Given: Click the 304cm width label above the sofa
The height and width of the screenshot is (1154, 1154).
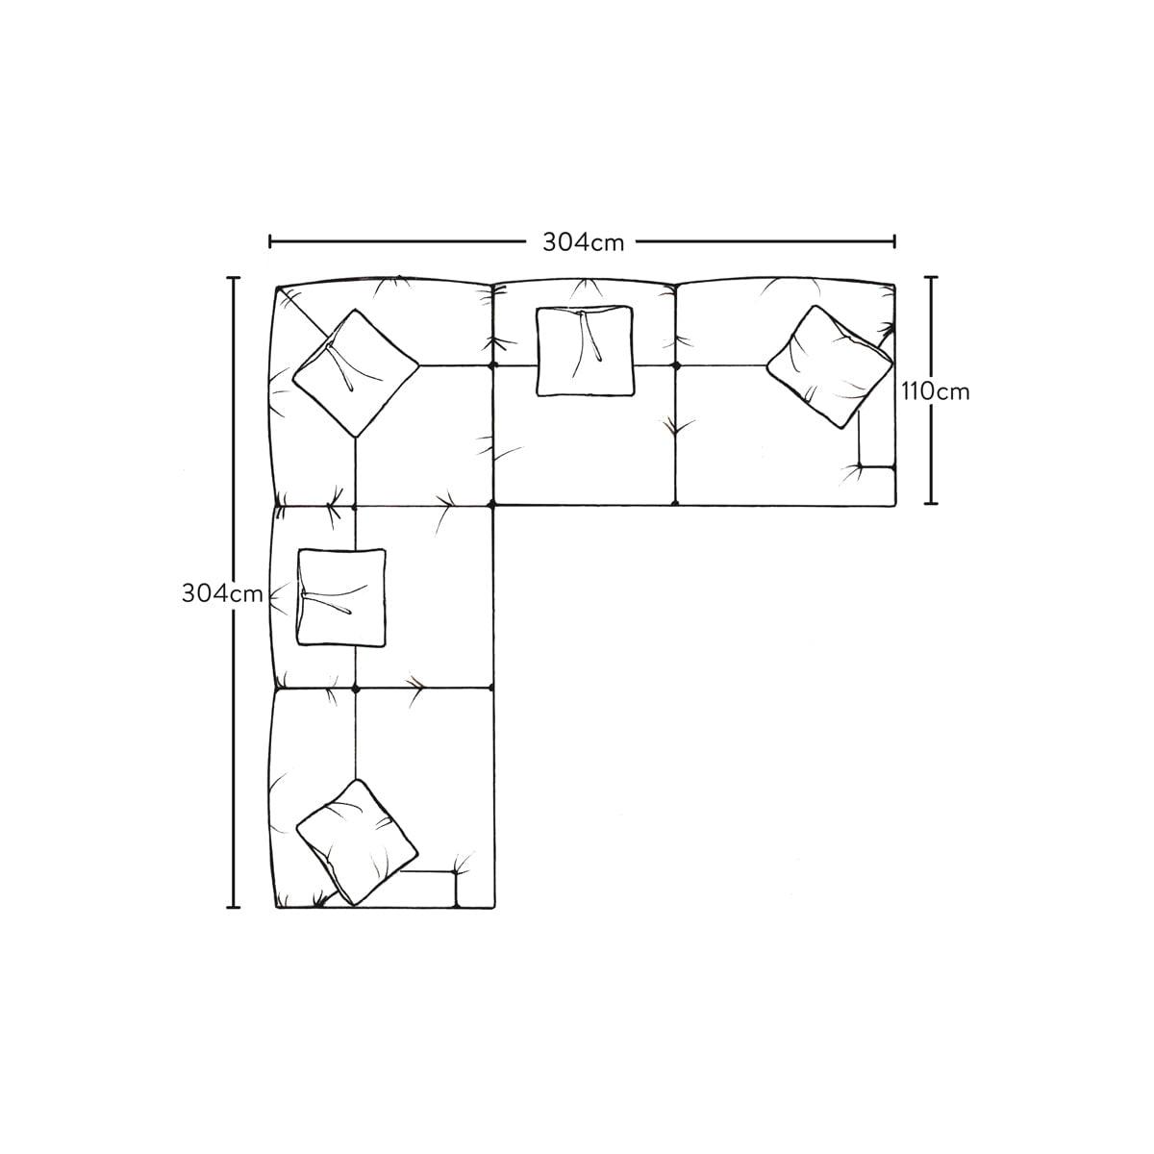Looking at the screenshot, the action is [x=584, y=242].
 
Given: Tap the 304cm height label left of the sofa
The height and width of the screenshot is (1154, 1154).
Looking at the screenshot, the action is [x=222, y=593].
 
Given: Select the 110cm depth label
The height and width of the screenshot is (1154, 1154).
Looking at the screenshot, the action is [x=935, y=391].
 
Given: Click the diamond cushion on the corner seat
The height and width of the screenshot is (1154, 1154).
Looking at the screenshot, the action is [x=356, y=372].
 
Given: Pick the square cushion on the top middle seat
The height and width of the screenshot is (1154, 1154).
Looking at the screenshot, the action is [x=585, y=351].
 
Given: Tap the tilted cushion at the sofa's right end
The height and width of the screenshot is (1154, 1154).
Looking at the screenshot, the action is [x=829, y=366].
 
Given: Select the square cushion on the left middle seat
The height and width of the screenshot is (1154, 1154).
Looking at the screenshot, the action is [x=342, y=597].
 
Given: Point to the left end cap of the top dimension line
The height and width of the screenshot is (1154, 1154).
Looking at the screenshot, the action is [x=270, y=242].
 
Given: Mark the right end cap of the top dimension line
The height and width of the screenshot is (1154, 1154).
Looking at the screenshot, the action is [x=894, y=242].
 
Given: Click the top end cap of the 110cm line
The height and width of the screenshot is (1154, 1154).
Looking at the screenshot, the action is [x=930, y=277].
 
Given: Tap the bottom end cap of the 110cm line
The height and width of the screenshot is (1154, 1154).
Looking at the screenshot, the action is [x=930, y=503].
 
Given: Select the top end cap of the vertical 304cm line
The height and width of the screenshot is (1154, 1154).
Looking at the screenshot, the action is [x=234, y=278].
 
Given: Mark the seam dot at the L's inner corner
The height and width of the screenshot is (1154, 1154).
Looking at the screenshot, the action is [x=492, y=506].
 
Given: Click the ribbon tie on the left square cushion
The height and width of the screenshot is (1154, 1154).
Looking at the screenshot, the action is [x=326, y=602].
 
